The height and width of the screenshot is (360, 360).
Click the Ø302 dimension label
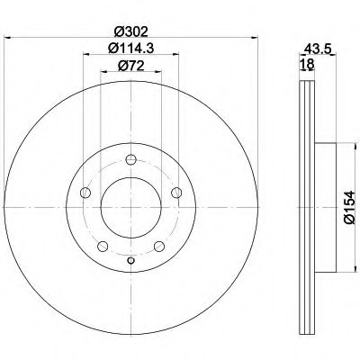(131, 31)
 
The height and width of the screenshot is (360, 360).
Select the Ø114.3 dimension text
(131, 48)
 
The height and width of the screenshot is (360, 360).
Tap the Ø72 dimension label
(131, 66)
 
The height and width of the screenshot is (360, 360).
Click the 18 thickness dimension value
(307, 64)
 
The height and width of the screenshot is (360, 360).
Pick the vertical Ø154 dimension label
(350, 207)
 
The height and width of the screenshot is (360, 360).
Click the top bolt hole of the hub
(131, 159)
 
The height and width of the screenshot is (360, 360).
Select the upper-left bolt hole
(85, 193)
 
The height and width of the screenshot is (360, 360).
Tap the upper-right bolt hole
(176, 193)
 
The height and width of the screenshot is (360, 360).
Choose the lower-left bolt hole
(103, 247)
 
